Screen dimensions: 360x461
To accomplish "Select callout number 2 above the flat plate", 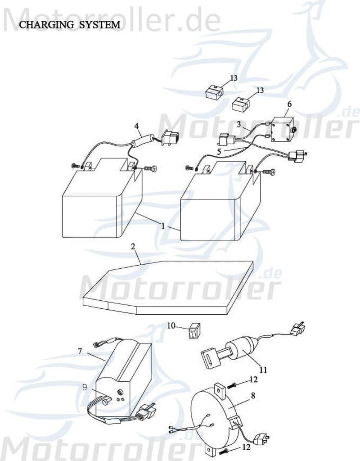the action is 133,247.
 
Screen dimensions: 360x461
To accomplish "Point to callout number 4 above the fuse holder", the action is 136,127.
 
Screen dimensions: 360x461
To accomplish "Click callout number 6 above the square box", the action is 289,104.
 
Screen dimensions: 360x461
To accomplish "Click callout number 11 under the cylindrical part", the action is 263,370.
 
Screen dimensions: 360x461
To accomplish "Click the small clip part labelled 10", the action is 193,332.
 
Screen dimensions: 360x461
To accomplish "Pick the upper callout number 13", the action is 234,78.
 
